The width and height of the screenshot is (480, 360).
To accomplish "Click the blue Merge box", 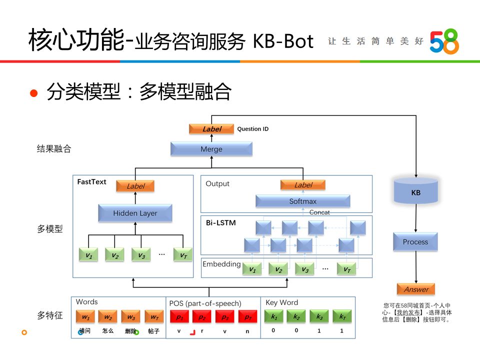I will pos(211,149).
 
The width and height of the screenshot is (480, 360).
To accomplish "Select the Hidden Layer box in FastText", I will pos(135,213).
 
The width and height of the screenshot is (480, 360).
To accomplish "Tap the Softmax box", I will pos(302,201).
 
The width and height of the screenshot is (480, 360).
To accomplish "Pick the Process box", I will pos(415,242).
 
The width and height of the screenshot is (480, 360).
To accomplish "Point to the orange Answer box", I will pos(416,289).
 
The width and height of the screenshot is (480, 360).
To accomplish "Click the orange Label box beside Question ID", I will pos(211,129).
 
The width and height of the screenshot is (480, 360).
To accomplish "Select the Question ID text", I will pos(252,129).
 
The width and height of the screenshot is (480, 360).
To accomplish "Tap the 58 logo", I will pos(444,41).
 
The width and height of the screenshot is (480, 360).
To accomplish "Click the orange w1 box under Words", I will pos(86,317).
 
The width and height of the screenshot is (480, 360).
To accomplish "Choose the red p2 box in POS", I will pos(201,317).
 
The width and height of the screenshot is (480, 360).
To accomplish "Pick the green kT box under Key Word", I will pos(342,317).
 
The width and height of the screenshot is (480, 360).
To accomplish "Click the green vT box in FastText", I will pos(183,255).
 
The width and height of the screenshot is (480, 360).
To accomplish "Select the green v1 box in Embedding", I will pos(253,269).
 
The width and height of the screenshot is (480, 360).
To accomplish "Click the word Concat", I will pos(319,212).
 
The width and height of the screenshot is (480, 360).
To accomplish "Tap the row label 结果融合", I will pos(54,149).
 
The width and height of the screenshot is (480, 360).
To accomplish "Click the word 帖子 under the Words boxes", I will pos(153,331).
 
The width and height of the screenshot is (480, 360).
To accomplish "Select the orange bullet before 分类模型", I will pos(34,93).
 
